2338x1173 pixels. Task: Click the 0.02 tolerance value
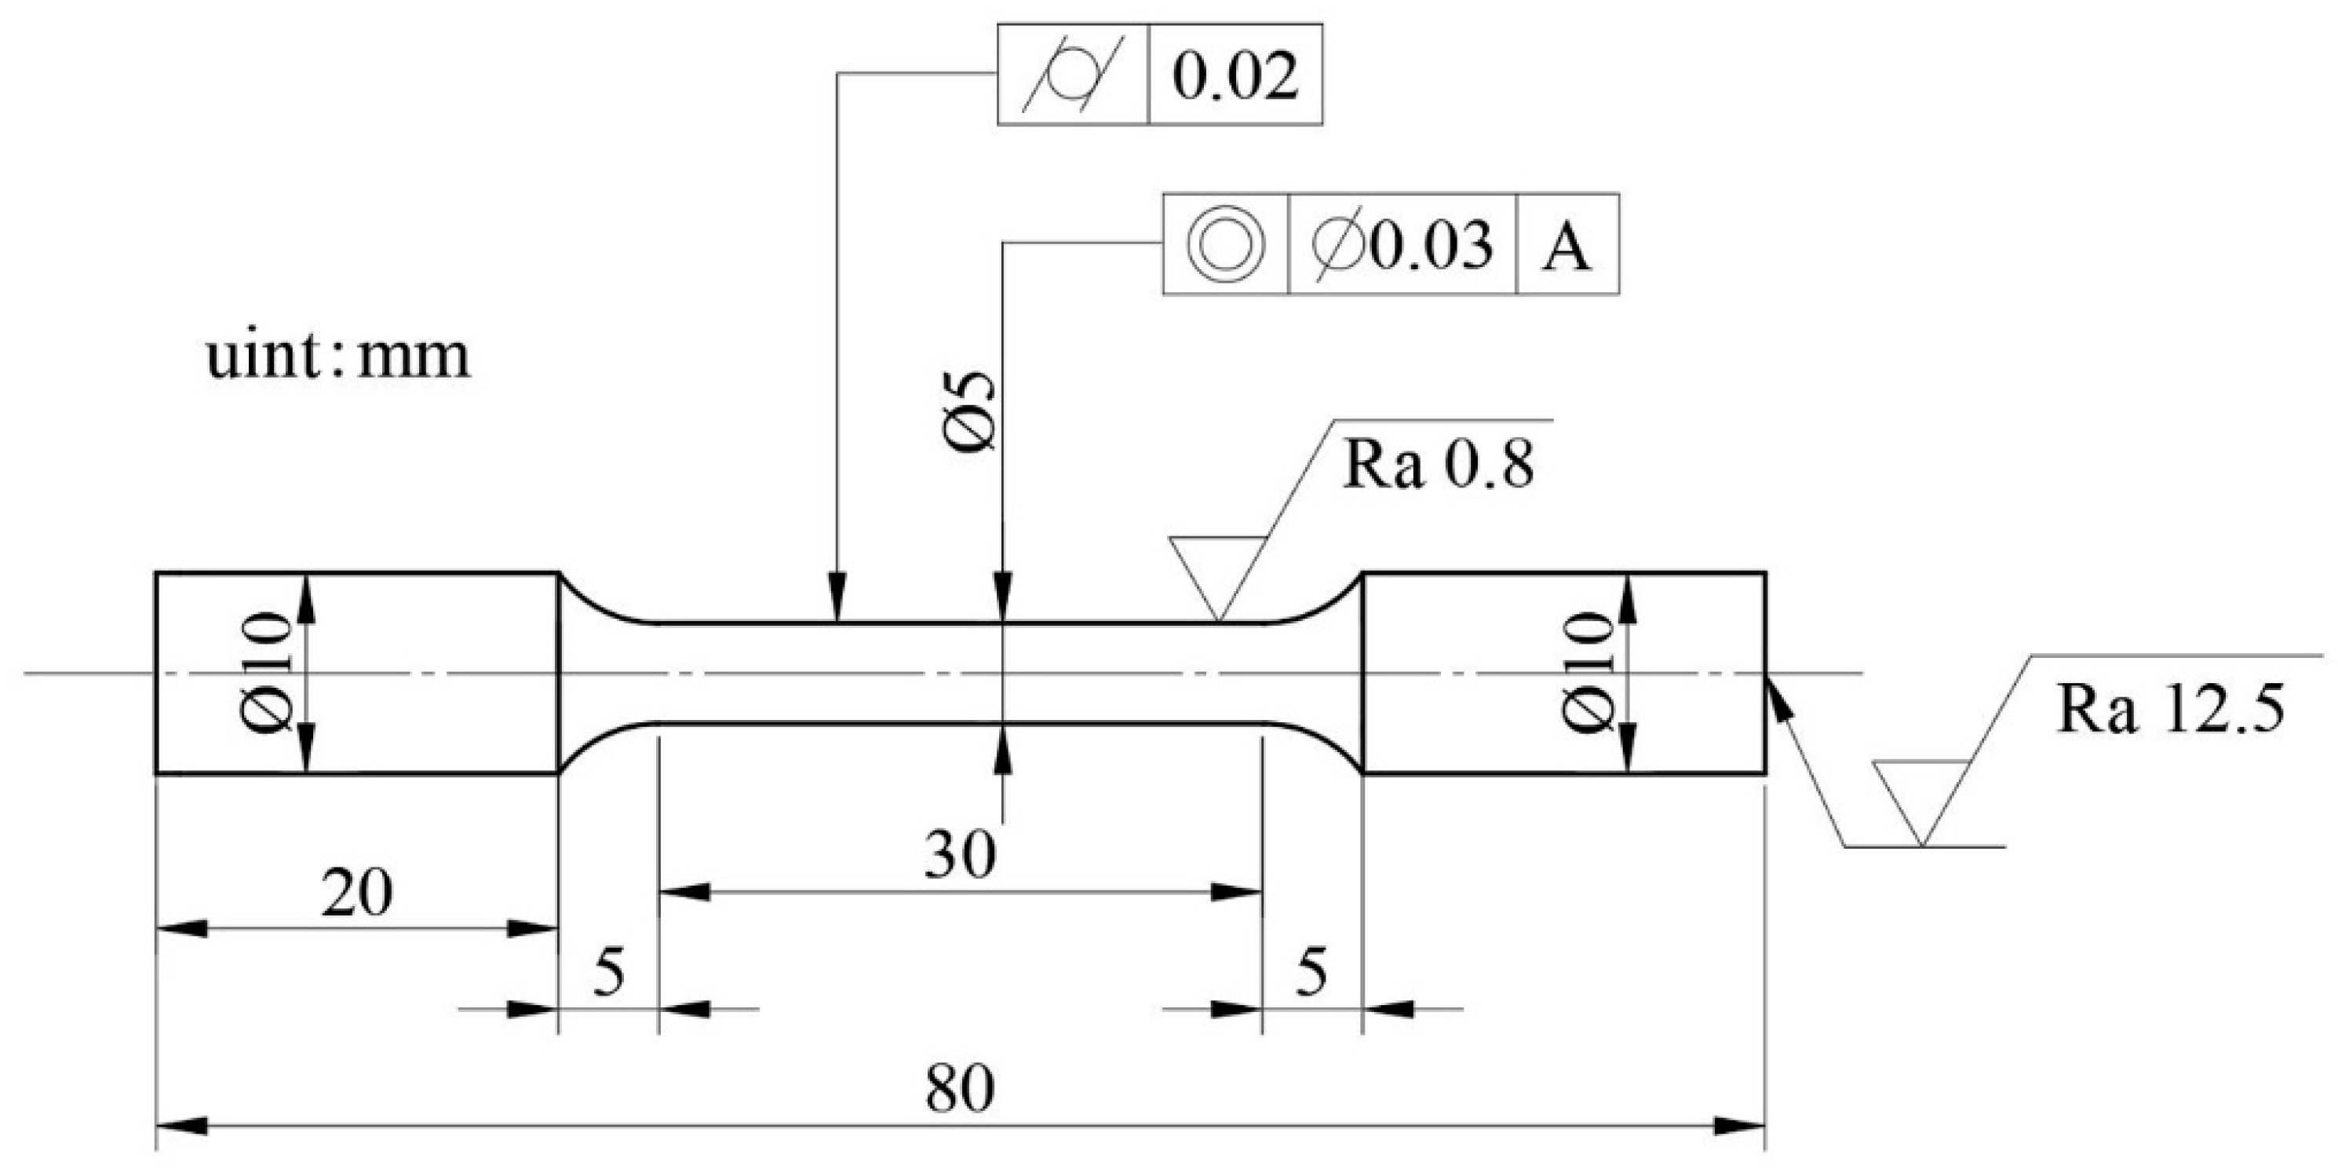point(1235,76)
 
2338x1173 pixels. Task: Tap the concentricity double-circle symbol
point(1226,244)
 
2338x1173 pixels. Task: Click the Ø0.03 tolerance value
point(1402,244)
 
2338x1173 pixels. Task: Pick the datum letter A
point(1567,246)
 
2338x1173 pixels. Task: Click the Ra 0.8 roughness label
point(1439,465)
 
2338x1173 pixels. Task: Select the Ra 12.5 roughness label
point(2170,709)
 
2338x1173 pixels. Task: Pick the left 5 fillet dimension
point(609,974)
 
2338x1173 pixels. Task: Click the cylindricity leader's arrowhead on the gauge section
point(837,603)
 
